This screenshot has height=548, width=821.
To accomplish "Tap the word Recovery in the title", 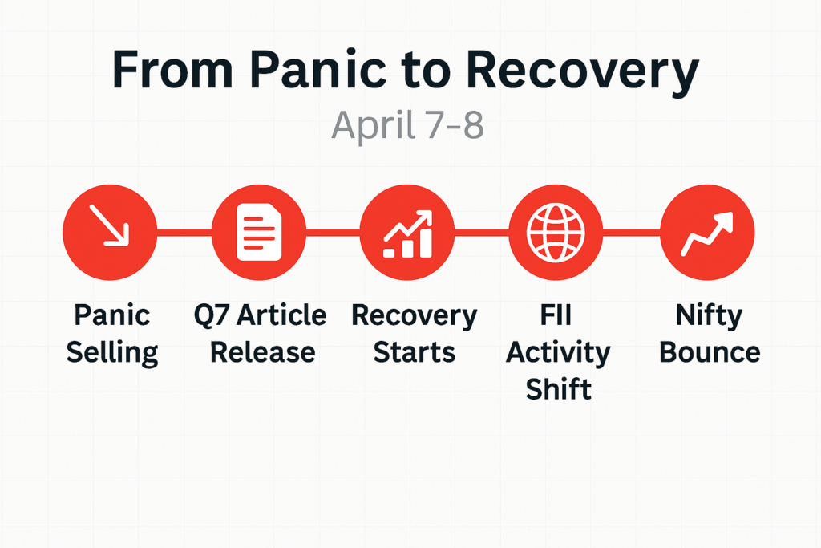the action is [582, 73].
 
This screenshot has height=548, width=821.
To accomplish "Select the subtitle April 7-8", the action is [407, 124].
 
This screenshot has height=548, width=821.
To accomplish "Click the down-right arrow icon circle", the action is [110, 232].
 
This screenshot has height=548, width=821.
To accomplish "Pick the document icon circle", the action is [259, 232].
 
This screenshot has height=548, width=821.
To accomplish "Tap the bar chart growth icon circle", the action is [407, 232].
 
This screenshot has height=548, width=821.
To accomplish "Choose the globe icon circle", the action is [556, 232].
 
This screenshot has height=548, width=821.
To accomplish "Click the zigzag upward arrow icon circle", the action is [707, 232].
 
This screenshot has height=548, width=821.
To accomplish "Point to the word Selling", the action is [112, 352].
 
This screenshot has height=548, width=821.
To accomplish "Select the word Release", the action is [263, 351].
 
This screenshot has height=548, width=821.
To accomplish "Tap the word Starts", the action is [415, 352].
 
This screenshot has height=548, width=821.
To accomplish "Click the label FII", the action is [556, 315].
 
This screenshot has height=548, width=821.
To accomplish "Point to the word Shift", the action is [559, 388].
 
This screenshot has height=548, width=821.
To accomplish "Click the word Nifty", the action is [709, 316].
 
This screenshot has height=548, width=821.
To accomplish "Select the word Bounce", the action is [710, 352].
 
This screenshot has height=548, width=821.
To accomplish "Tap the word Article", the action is [281, 315].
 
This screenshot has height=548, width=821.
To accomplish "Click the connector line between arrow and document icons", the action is [184, 233].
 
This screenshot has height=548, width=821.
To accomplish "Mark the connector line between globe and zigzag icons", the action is [632, 233].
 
